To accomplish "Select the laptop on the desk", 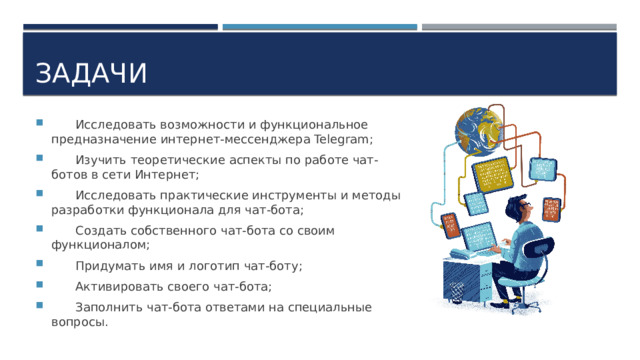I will (x=479, y=238).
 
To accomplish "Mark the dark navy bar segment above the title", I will (x=119, y=27).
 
